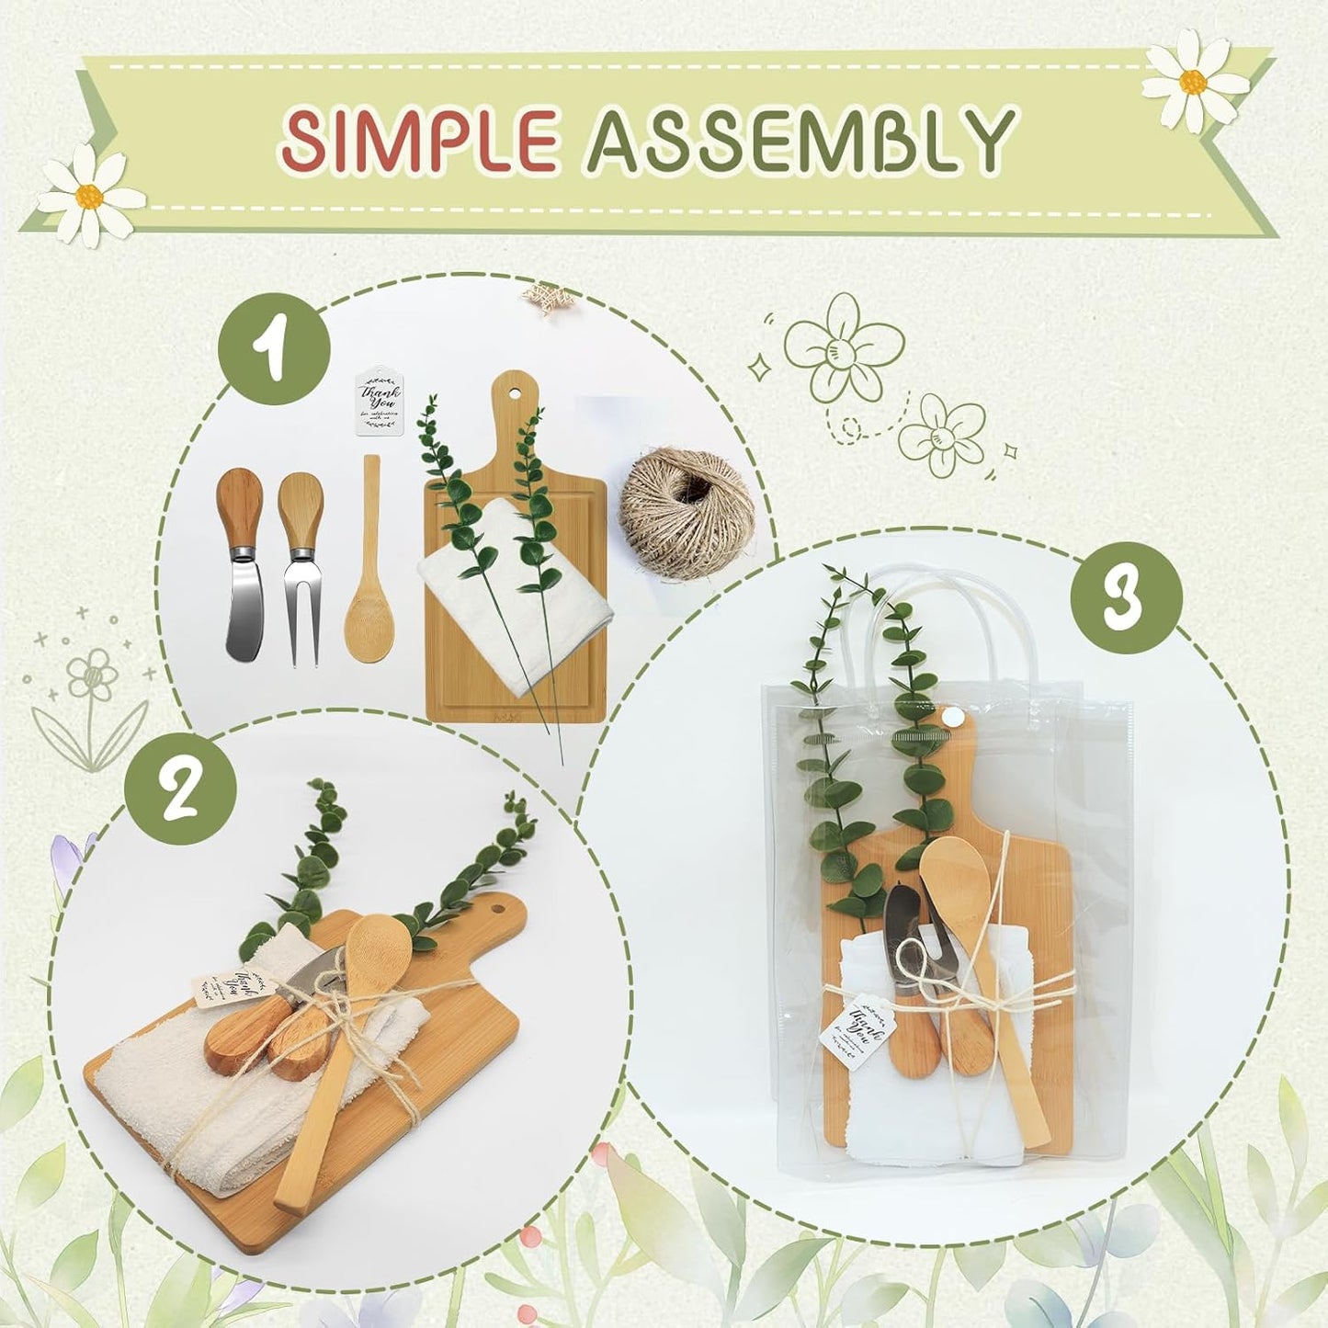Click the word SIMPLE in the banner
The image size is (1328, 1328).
pyautogui.click(x=420, y=140)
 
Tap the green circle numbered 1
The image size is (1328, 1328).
pyautogui.click(x=274, y=351)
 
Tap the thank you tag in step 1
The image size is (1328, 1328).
pyautogui.click(x=380, y=403)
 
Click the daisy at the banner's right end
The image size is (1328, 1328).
pyautogui.click(x=1194, y=80)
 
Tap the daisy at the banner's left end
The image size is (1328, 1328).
pyautogui.click(x=90, y=194)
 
